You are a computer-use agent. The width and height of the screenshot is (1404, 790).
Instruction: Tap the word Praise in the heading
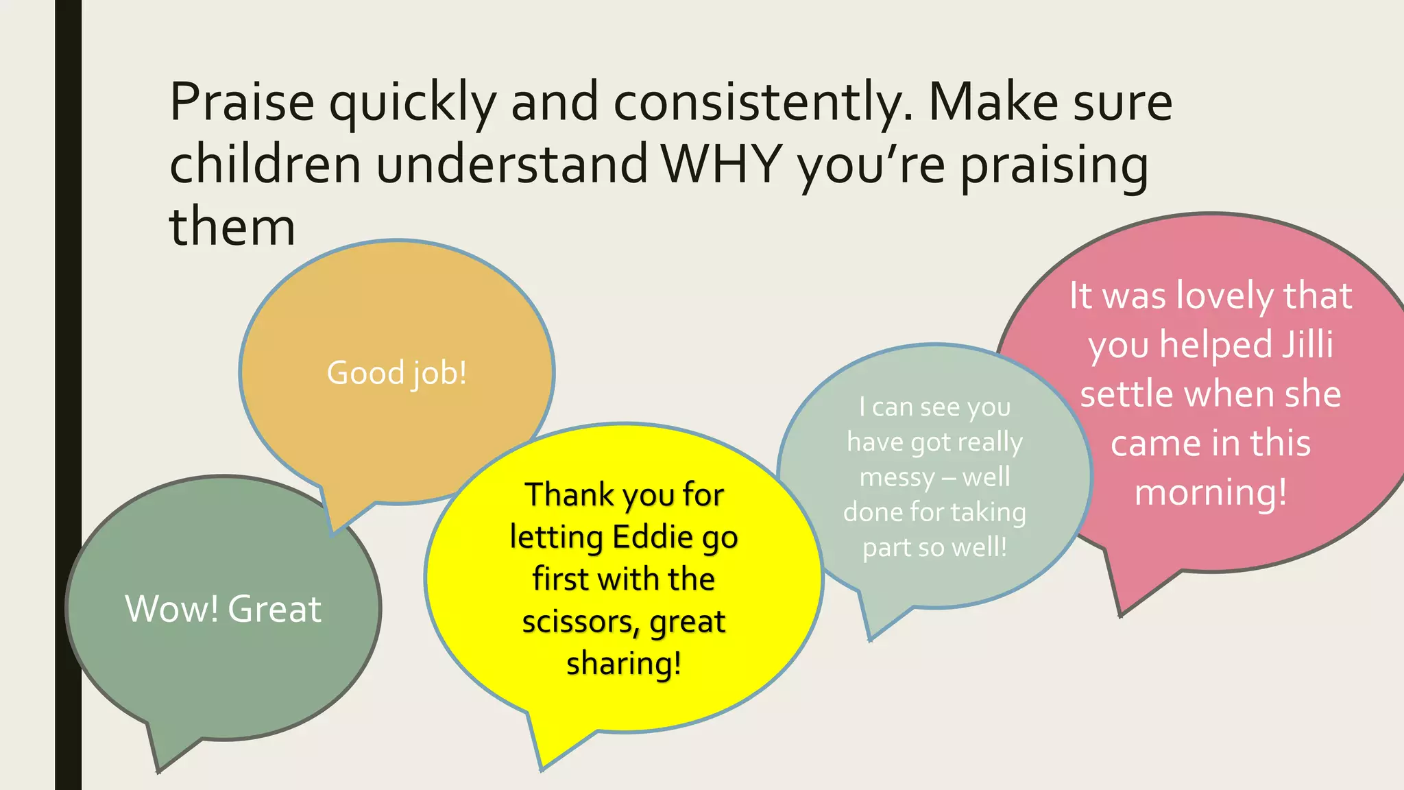coord(241,103)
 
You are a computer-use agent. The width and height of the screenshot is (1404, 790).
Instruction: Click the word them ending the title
coord(232,228)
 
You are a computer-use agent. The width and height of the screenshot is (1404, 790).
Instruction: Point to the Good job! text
coord(396,373)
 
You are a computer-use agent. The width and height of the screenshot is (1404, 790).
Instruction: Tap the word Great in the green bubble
coord(274,609)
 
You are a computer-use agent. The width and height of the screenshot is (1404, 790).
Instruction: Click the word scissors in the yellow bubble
coord(580,622)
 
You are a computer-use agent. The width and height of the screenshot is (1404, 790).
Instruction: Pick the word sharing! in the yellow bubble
coord(624,664)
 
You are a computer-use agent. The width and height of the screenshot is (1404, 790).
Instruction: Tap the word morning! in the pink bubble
coord(1211,493)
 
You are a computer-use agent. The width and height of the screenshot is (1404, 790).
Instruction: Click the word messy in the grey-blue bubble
coord(897,477)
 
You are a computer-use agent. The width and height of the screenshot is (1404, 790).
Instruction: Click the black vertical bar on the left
coord(68,395)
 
